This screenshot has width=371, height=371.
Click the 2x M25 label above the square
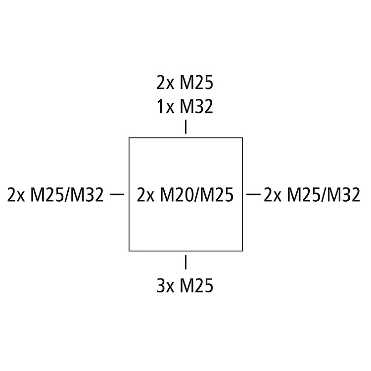coord(185,83)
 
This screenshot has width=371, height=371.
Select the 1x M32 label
coord(185,106)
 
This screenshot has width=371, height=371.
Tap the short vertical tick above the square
coord(185,127)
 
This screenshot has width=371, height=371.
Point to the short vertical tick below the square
coord(185,262)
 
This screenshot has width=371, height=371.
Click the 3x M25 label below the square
coord(185,285)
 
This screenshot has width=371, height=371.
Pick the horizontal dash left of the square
coord(116,194)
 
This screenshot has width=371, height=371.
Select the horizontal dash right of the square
coord(254,194)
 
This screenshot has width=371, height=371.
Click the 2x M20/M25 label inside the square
coord(185,195)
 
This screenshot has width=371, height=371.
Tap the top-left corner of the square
coord(129,138)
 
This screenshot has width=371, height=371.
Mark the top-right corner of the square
coord(242,138)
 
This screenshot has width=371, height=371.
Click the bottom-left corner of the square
coord(129,251)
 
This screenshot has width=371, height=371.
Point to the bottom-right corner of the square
coord(242,251)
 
